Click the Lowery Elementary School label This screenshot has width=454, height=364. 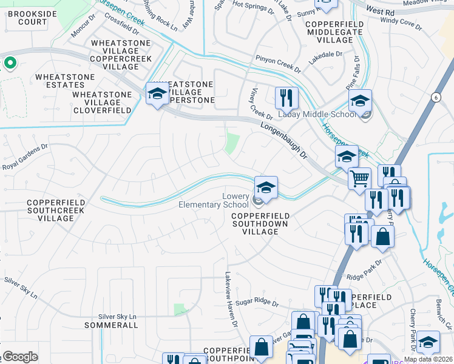[214, 201]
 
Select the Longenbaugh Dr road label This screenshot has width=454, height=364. [285, 140]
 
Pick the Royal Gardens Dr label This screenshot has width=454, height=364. [25, 158]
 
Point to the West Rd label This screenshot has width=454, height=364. [381, 11]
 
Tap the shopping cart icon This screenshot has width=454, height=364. [359, 178]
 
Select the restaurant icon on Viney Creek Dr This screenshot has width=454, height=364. [285, 97]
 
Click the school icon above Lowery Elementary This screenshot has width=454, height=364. [266, 186]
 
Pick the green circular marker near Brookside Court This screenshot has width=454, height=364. [10, 62]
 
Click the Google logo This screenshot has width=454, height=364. [20, 357]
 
